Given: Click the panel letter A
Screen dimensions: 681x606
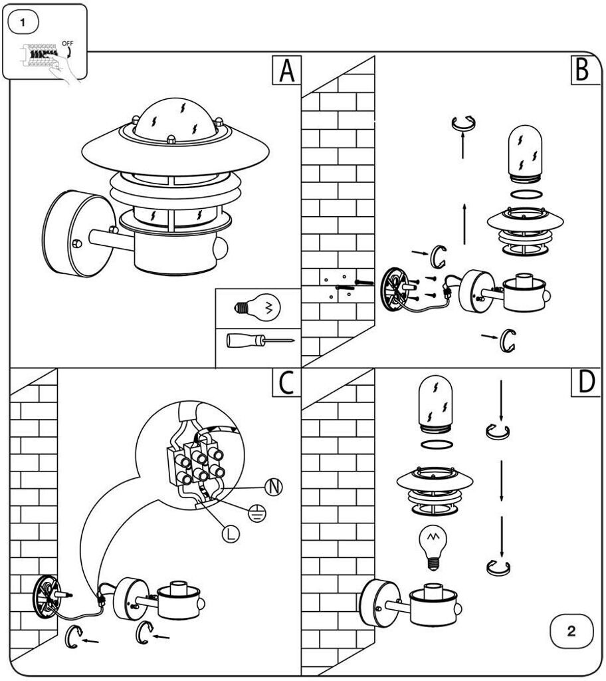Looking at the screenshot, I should (x=286, y=70).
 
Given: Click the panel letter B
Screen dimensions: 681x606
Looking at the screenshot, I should (x=582, y=70).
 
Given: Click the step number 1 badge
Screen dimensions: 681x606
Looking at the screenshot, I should (x=24, y=22).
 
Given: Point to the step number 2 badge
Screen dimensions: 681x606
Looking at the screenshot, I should (x=571, y=630).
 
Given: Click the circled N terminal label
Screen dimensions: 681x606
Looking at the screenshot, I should (x=272, y=487).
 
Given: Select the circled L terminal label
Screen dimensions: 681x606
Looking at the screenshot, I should (x=231, y=532).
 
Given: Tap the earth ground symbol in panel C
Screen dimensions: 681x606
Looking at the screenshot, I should (x=255, y=511).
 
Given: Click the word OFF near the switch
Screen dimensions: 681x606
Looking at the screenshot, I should (x=67, y=44).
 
